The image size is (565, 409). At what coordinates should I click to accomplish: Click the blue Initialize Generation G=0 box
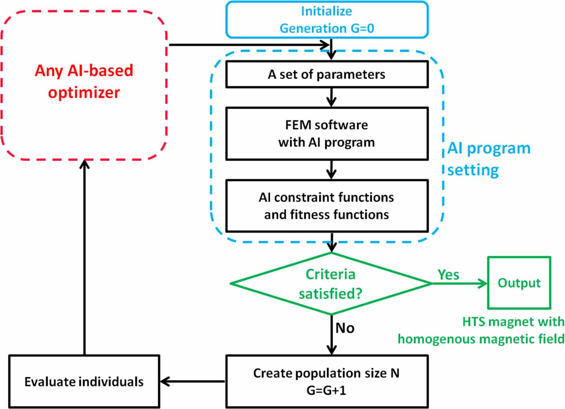327,20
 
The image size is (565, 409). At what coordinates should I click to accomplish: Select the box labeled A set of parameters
327,75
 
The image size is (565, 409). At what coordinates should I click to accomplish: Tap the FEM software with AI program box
327,134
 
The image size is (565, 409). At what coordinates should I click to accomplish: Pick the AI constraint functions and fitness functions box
327,206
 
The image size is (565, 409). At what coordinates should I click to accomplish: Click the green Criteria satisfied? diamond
331,284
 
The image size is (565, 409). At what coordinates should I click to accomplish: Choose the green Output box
519,283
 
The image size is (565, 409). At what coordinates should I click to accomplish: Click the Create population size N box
327,381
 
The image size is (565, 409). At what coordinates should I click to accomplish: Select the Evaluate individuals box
84,382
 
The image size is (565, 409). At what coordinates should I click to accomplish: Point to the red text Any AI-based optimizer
84,81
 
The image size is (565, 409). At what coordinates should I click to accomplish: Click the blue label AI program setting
489,159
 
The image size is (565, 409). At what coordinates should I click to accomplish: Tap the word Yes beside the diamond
448,275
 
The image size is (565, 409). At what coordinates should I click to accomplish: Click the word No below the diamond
345,328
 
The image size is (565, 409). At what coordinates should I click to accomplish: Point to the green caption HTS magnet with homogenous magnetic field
481,330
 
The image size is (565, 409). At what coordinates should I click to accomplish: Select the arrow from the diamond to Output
459,283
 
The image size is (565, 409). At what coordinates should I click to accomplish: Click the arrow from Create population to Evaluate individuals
192,381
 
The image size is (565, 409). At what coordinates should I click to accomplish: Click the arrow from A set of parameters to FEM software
331,97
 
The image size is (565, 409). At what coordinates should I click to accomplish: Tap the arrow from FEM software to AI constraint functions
331,170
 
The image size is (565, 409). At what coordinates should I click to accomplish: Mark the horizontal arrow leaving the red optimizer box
247,45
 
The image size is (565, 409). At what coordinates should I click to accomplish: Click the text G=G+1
326,390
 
